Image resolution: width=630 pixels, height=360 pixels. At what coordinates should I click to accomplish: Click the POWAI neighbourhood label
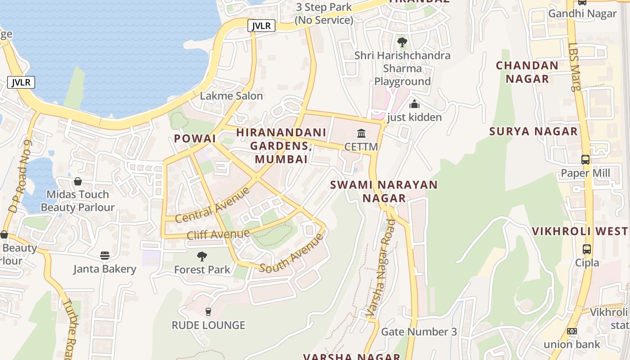(x=195, y=139)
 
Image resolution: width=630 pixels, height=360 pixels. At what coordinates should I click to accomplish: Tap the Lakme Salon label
(x=231, y=96)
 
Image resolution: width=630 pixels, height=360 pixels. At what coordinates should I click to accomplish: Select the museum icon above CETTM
(x=361, y=133)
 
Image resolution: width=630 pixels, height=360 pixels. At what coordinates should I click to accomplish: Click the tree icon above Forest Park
(x=202, y=256)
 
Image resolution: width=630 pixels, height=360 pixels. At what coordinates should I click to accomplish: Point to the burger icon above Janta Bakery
(x=105, y=256)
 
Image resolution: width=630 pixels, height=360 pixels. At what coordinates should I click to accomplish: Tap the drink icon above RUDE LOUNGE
(x=208, y=311)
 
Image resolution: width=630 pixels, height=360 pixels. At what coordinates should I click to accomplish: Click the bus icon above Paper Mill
(x=585, y=160)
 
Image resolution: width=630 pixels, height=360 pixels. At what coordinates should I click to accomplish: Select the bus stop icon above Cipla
(x=587, y=249)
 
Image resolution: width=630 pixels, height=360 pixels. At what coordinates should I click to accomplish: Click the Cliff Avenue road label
(x=218, y=234)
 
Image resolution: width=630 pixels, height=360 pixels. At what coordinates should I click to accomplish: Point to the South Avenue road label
(x=292, y=253)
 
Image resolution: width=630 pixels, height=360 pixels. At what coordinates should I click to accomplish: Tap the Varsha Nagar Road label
(x=381, y=267)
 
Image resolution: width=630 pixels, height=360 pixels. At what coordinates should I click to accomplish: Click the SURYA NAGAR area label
(x=533, y=131)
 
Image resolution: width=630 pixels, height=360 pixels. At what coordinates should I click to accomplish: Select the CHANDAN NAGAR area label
(x=527, y=72)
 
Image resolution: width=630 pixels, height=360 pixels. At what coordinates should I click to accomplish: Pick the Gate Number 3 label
(x=419, y=332)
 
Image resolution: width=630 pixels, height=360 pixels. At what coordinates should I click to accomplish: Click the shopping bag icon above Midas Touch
(x=78, y=181)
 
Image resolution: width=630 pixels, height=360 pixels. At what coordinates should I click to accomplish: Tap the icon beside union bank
(x=572, y=331)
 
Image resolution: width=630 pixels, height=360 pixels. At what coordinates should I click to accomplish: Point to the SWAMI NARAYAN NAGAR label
(x=384, y=191)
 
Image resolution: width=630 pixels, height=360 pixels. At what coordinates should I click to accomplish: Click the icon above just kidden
(x=414, y=104)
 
